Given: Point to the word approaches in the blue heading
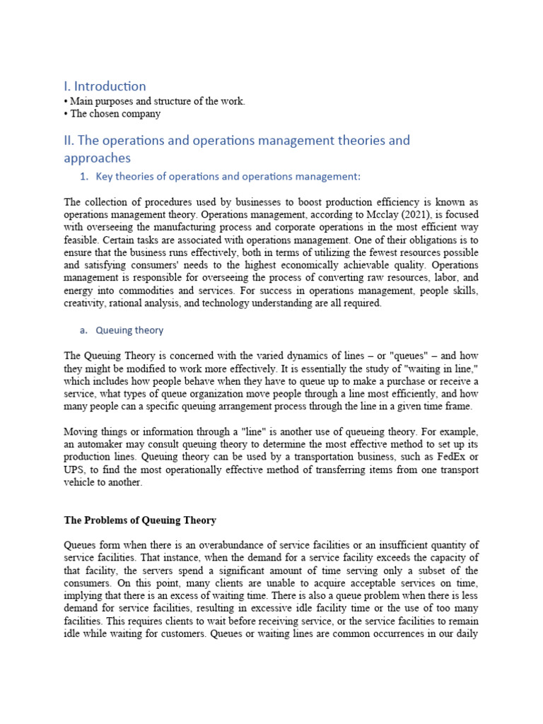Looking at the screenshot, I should pos(97,158).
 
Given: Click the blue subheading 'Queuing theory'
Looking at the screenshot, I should pos(129,329).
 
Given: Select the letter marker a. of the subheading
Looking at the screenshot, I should pos(83,329).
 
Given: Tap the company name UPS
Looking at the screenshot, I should pos(74,469).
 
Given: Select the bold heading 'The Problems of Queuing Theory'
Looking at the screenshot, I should pos(140,520).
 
